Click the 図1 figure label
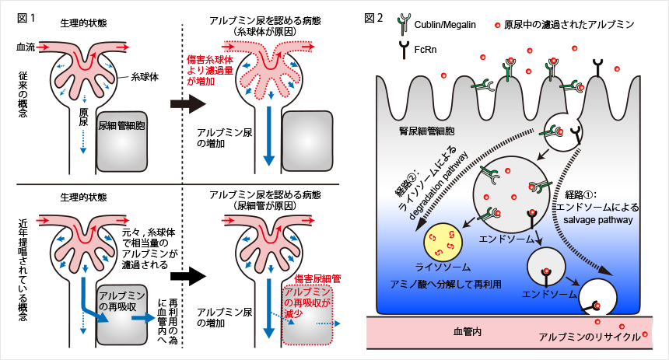coord(26,19)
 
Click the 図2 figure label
coord(373,19)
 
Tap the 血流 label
coord(26,47)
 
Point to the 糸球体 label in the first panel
coord(145,77)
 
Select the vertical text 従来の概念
coord(23,94)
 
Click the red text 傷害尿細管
coord(318,279)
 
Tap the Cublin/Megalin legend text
coord(445,25)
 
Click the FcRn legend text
coord(426,50)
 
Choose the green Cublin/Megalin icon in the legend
coord(404,25)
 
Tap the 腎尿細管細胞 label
coord(426,131)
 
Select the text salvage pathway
coord(597,220)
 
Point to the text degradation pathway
coord(438,185)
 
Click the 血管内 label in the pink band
coord(468,331)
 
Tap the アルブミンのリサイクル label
coord(590,337)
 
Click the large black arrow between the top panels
coord(188,103)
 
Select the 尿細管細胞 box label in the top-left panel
coord(121,126)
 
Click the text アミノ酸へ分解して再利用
coord(446,284)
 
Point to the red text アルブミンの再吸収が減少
coord(307,302)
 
